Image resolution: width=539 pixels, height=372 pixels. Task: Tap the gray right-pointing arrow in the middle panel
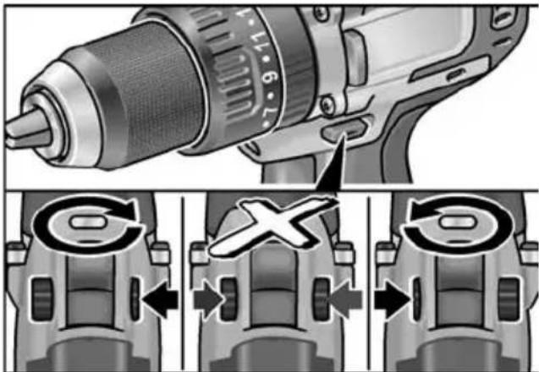tap(207, 299)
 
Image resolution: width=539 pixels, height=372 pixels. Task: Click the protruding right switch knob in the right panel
tap(509, 300)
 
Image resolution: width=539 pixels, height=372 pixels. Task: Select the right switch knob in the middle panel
tap(323, 299)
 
